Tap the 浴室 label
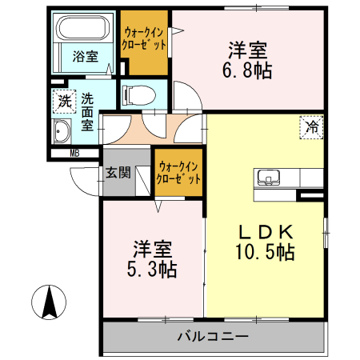coord(85,57)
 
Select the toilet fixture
coord(137,94)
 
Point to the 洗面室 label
coord(87,113)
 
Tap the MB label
coord(74,153)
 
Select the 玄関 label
coord(118,172)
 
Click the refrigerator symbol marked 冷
coord(312,126)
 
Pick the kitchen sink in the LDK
coord(267,177)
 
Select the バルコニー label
coord(213,337)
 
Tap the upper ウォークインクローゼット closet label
coord(145,38)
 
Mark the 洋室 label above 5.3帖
coord(151,246)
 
